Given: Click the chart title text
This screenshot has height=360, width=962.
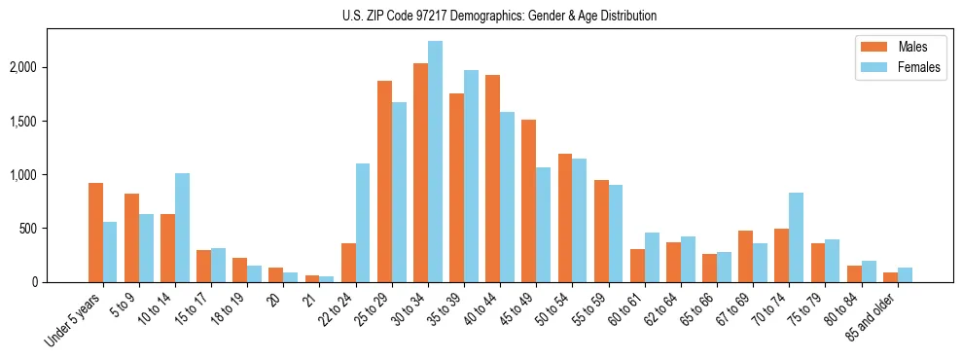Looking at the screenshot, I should [x=499, y=16].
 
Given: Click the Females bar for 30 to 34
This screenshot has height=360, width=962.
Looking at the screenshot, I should [x=435, y=162].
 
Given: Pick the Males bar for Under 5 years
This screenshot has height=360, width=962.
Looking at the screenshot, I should [x=95, y=233].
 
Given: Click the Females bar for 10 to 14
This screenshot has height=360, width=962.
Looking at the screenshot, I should [x=182, y=228].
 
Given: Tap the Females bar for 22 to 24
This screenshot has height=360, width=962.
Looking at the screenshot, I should [x=363, y=223].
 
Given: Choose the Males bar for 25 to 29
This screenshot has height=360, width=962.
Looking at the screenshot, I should [x=384, y=182].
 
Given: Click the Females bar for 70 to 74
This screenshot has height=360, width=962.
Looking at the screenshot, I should [x=796, y=237].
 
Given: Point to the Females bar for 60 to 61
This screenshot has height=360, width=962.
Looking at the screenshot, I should [x=652, y=258].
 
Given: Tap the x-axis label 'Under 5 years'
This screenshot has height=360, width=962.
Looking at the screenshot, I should [x=72, y=321].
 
